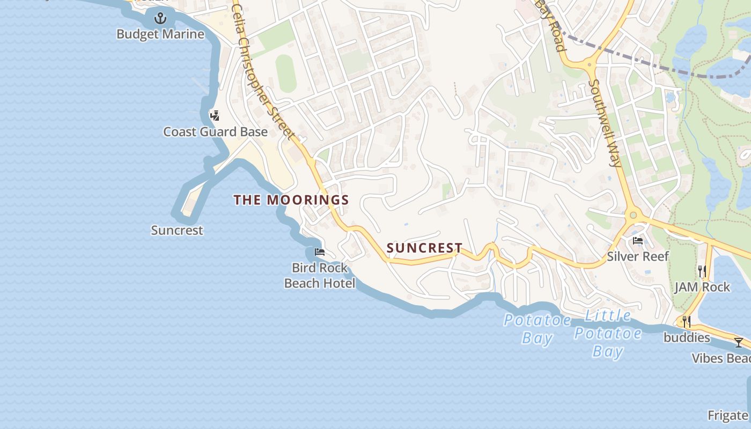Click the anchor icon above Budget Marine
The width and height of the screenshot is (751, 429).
pyautogui.click(x=160, y=19)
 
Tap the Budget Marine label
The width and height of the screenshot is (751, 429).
pyautogui.click(x=160, y=34)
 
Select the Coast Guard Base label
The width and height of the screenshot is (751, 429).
pyautogui.click(x=215, y=132)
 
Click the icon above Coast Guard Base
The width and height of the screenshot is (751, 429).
pyautogui.click(x=215, y=115)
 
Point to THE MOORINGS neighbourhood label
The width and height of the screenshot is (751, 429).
pyautogui.click(x=291, y=200)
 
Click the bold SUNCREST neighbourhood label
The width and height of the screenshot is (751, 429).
pyautogui.click(x=424, y=248)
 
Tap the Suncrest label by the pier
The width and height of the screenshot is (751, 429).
pyautogui.click(x=177, y=231)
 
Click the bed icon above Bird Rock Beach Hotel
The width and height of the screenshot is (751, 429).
pyautogui.click(x=320, y=252)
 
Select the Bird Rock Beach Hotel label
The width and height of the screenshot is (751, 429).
pyautogui.click(x=320, y=275)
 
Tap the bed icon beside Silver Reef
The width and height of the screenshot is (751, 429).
pyautogui.click(x=638, y=241)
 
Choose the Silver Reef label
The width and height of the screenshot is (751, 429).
pyautogui.click(x=638, y=256)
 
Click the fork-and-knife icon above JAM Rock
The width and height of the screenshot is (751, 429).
pyautogui.click(x=702, y=271)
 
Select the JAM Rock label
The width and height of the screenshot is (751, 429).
pyautogui.click(x=702, y=287)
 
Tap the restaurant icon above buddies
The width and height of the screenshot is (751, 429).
pyautogui.click(x=686, y=322)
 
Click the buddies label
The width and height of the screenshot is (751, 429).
pyautogui.click(x=687, y=338)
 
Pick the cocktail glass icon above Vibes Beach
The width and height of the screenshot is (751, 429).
pyautogui.click(x=739, y=343)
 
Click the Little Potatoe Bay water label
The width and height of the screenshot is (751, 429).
pyautogui.click(x=608, y=333)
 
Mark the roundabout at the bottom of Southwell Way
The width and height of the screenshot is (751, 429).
pyautogui.click(x=634, y=216)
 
